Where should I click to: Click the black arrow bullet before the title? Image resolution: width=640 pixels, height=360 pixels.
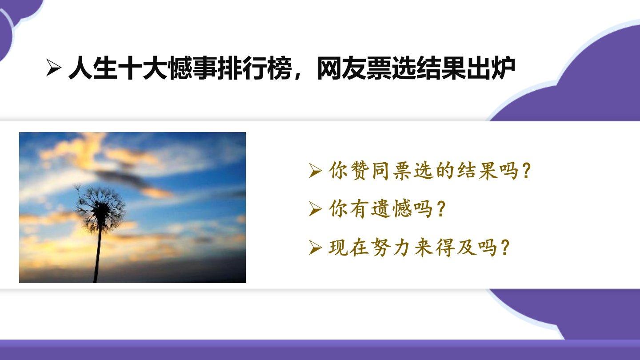tap(53, 68)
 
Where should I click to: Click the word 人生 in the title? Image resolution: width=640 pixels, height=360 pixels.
tap(93, 68)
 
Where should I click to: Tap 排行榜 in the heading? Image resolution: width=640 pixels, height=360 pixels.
tap(255, 68)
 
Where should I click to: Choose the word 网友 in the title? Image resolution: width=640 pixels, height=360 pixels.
tap(342, 68)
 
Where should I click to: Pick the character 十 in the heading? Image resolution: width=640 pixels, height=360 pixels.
tap(130, 68)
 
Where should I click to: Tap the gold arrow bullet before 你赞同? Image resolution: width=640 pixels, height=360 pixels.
tap(316, 171)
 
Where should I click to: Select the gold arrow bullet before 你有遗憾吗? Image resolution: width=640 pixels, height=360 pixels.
tap(316, 209)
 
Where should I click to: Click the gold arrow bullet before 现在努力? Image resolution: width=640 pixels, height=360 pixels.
tap(316, 248)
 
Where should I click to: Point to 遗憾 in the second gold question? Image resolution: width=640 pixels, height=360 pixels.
tap(391, 209)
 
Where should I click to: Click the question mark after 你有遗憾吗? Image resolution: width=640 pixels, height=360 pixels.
tap(441, 209)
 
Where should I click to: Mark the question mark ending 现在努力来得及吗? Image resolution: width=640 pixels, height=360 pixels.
tap(505, 247)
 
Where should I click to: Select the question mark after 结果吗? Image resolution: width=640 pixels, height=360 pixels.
tap(526, 171)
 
